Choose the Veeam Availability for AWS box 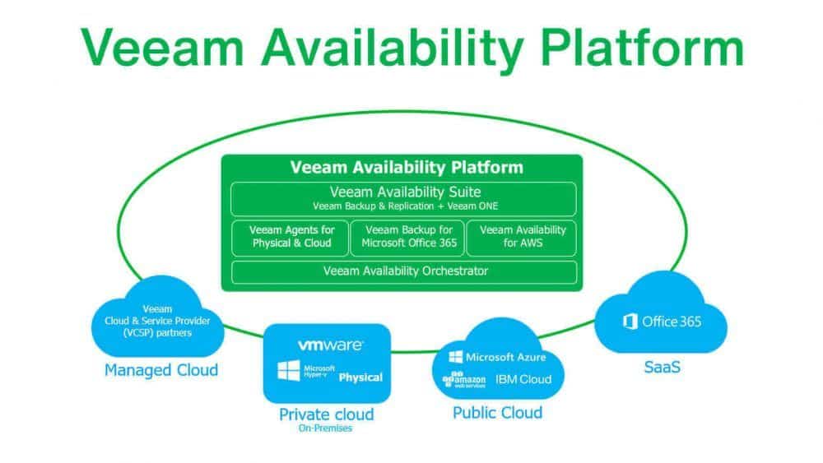coord(523,237)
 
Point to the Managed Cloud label coord(161,369)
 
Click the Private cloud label coord(326,414)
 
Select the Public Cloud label coord(497,412)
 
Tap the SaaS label coord(662,368)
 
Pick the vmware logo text coord(328,345)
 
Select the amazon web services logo coord(462,380)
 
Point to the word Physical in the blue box coord(360,377)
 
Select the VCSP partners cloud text coord(156,321)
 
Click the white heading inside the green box coord(406,168)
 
